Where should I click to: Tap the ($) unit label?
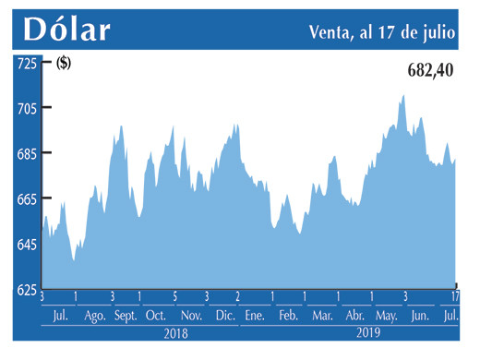[64, 63]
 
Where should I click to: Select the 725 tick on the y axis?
[26, 63]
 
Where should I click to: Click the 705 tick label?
[26, 108]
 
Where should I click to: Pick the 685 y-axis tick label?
[26, 153]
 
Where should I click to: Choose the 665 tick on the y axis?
[26, 198]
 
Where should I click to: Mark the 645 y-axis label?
[26, 244]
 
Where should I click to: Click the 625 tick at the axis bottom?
[26, 289]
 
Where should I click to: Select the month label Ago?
[95, 316]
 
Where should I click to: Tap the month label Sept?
[126, 316]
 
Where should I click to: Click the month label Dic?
[224, 316]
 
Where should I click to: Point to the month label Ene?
[254, 316]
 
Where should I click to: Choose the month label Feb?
[288, 316]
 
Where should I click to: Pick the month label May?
[388, 316]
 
